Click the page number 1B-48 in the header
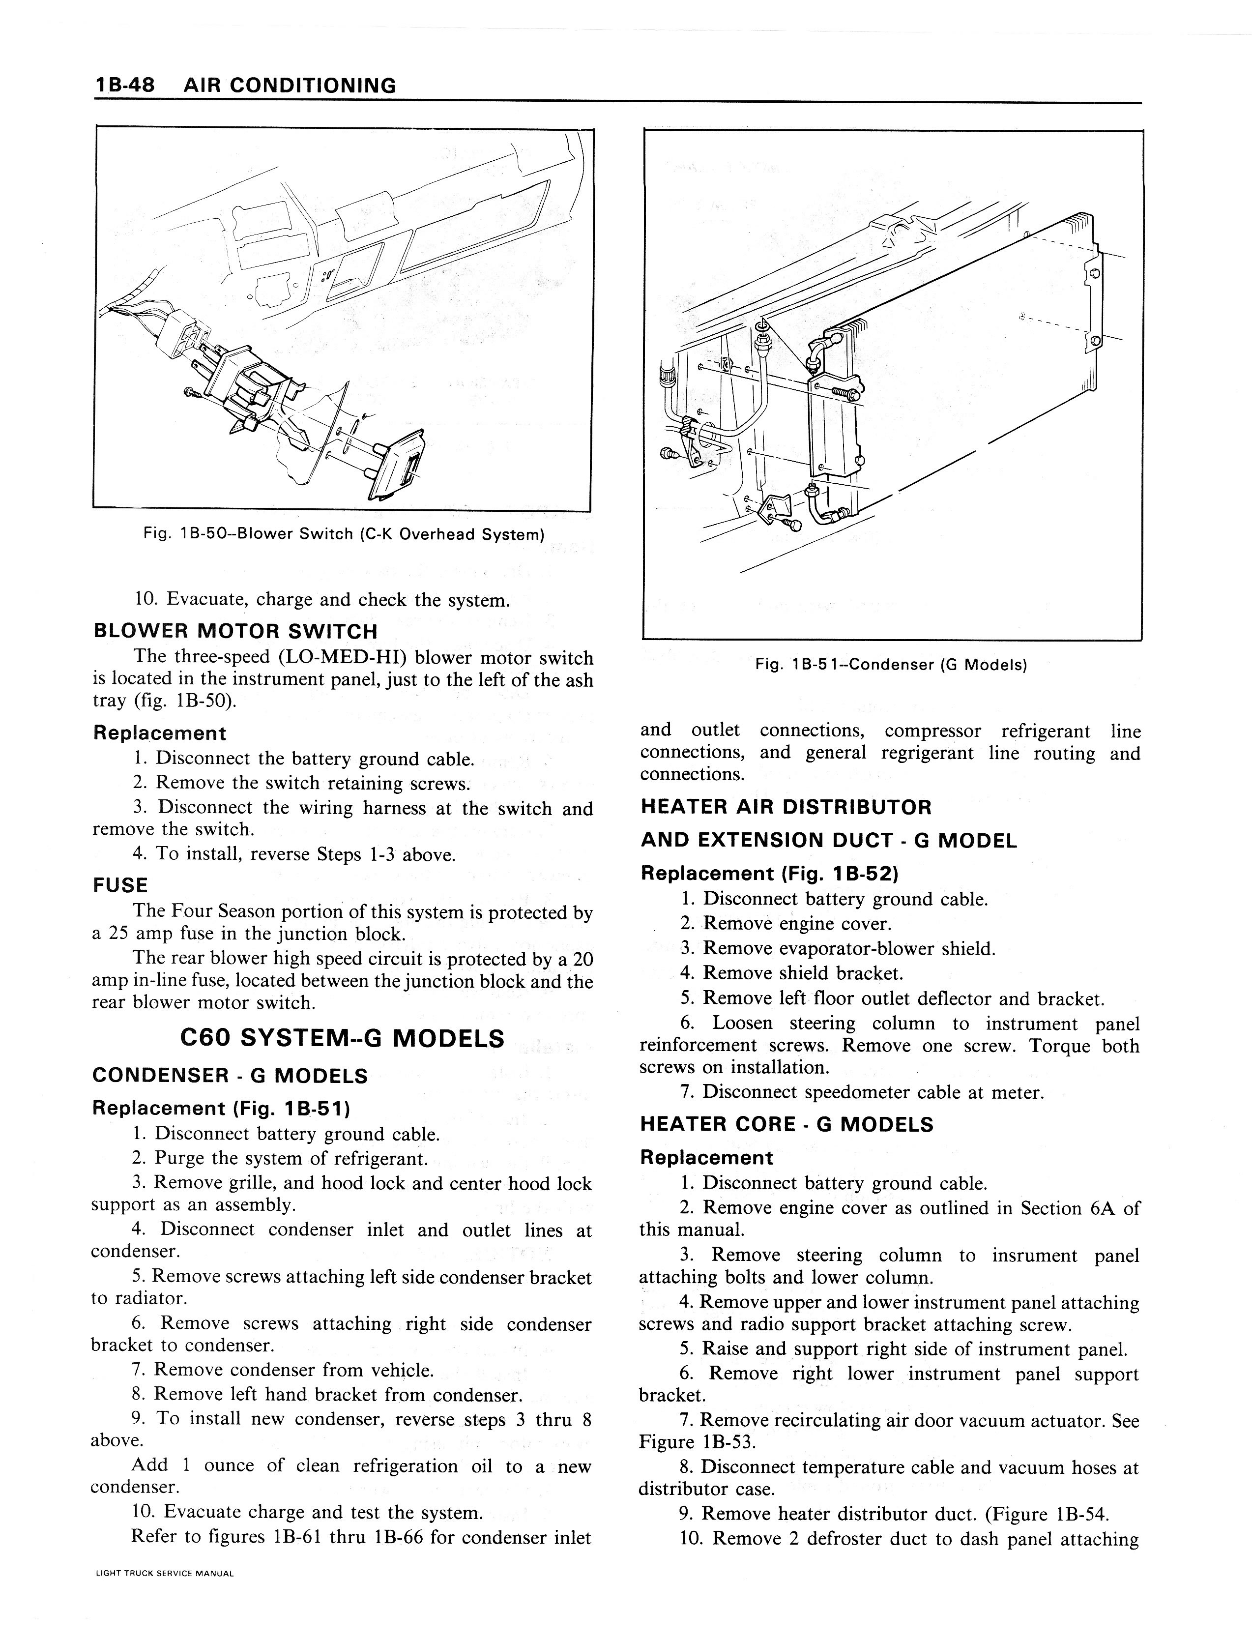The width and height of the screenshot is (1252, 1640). pos(124,85)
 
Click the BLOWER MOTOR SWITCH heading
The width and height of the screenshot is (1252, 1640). pos(235,631)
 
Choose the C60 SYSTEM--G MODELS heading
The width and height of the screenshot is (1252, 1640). pos(342,1038)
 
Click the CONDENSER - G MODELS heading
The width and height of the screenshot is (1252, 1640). pos(230,1076)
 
